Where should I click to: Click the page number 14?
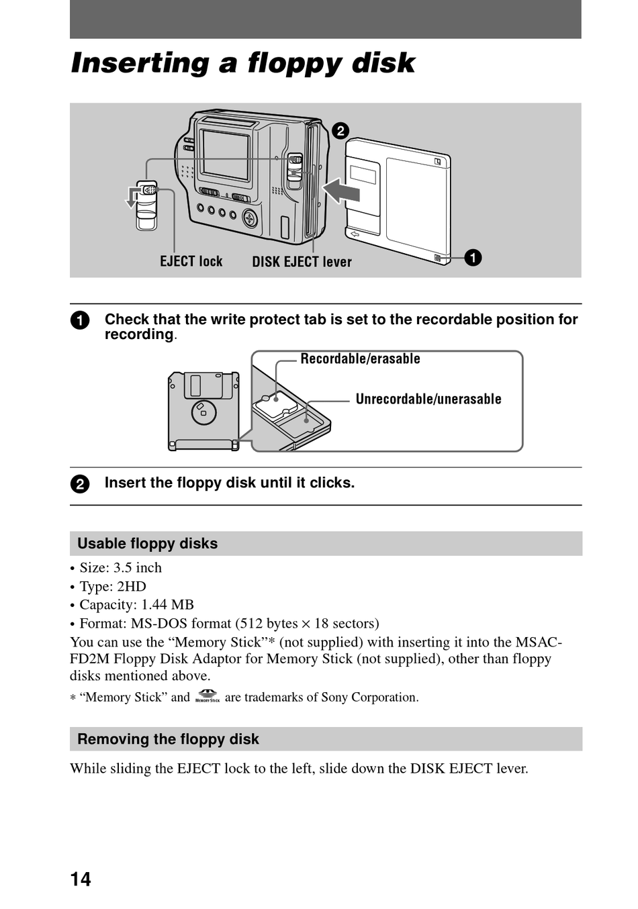[81, 879]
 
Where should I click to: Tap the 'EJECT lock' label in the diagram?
[191, 262]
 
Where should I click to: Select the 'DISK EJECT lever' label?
[302, 262]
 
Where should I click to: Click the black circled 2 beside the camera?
[340, 130]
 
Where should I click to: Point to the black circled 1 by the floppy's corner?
[473, 258]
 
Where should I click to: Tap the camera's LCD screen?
[225, 155]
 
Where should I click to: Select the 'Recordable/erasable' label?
[360, 359]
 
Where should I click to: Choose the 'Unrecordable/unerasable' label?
[428, 399]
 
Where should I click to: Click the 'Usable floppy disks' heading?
[148, 544]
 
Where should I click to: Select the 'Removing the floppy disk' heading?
[168, 739]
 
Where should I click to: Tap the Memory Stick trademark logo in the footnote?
[208, 697]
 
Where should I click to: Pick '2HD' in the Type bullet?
[132, 586]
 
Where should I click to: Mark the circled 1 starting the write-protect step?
[79, 320]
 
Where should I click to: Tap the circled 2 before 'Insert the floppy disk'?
[79, 484]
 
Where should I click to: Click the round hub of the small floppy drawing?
[203, 411]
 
